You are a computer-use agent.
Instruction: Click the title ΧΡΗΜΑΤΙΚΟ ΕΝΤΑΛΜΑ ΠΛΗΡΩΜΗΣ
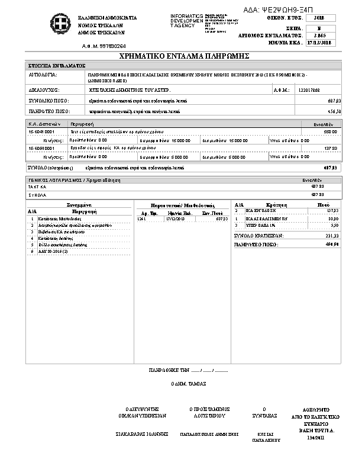[x=180, y=56]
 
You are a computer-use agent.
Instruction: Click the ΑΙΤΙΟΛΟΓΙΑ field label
[x=43, y=76]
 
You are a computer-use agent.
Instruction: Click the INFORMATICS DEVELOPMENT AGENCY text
[x=187, y=20]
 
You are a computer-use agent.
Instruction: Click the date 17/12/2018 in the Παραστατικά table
[x=175, y=219]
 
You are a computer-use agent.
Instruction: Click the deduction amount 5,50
[x=334, y=226]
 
